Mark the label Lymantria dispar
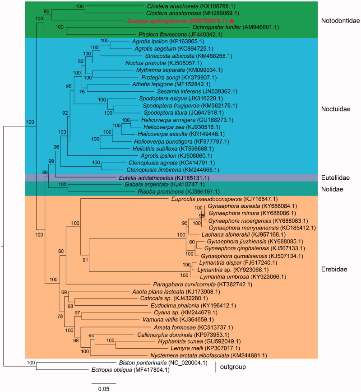(x=213, y=262)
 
